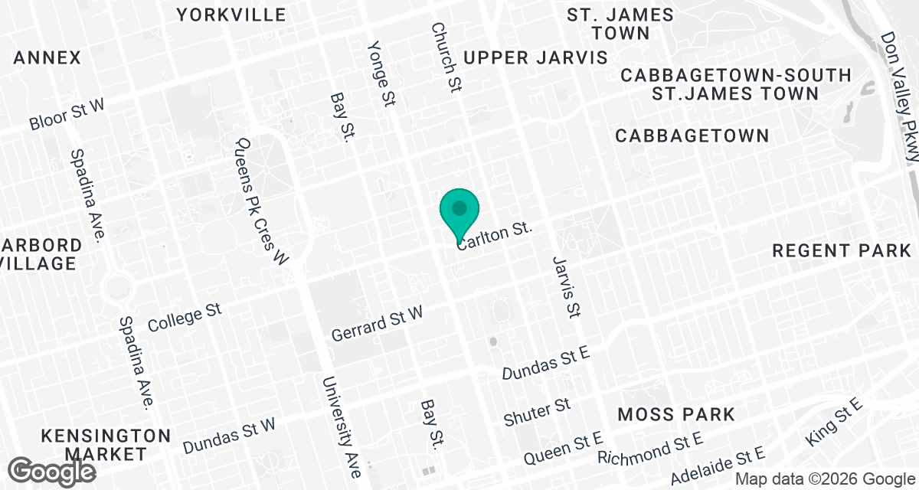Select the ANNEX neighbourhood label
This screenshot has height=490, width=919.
[x=47, y=57]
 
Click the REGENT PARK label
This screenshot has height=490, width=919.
[x=842, y=250]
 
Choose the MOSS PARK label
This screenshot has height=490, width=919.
[x=676, y=414]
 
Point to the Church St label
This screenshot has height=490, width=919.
[x=446, y=57]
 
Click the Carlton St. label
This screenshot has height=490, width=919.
[x=494, y=235]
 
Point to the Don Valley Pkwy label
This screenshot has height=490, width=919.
[x=900, y=96]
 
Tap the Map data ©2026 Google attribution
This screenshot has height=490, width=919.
[x=824, y=479]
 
